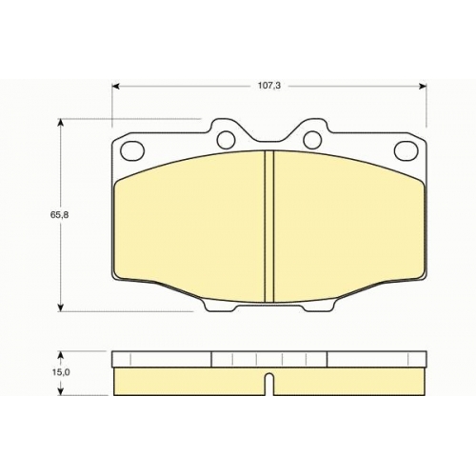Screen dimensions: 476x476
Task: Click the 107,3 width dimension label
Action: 269,86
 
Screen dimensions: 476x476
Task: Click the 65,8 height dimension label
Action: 59,215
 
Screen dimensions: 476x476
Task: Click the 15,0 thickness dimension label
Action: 61,372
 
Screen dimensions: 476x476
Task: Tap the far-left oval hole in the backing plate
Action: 133,150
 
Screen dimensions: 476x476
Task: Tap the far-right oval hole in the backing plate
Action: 406,150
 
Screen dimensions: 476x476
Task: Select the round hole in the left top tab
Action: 226,139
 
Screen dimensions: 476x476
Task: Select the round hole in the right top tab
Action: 312,139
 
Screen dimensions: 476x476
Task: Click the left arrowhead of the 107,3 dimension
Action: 116,86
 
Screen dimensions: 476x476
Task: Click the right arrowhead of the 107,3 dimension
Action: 423,86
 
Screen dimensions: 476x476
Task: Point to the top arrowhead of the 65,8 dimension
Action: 60,123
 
